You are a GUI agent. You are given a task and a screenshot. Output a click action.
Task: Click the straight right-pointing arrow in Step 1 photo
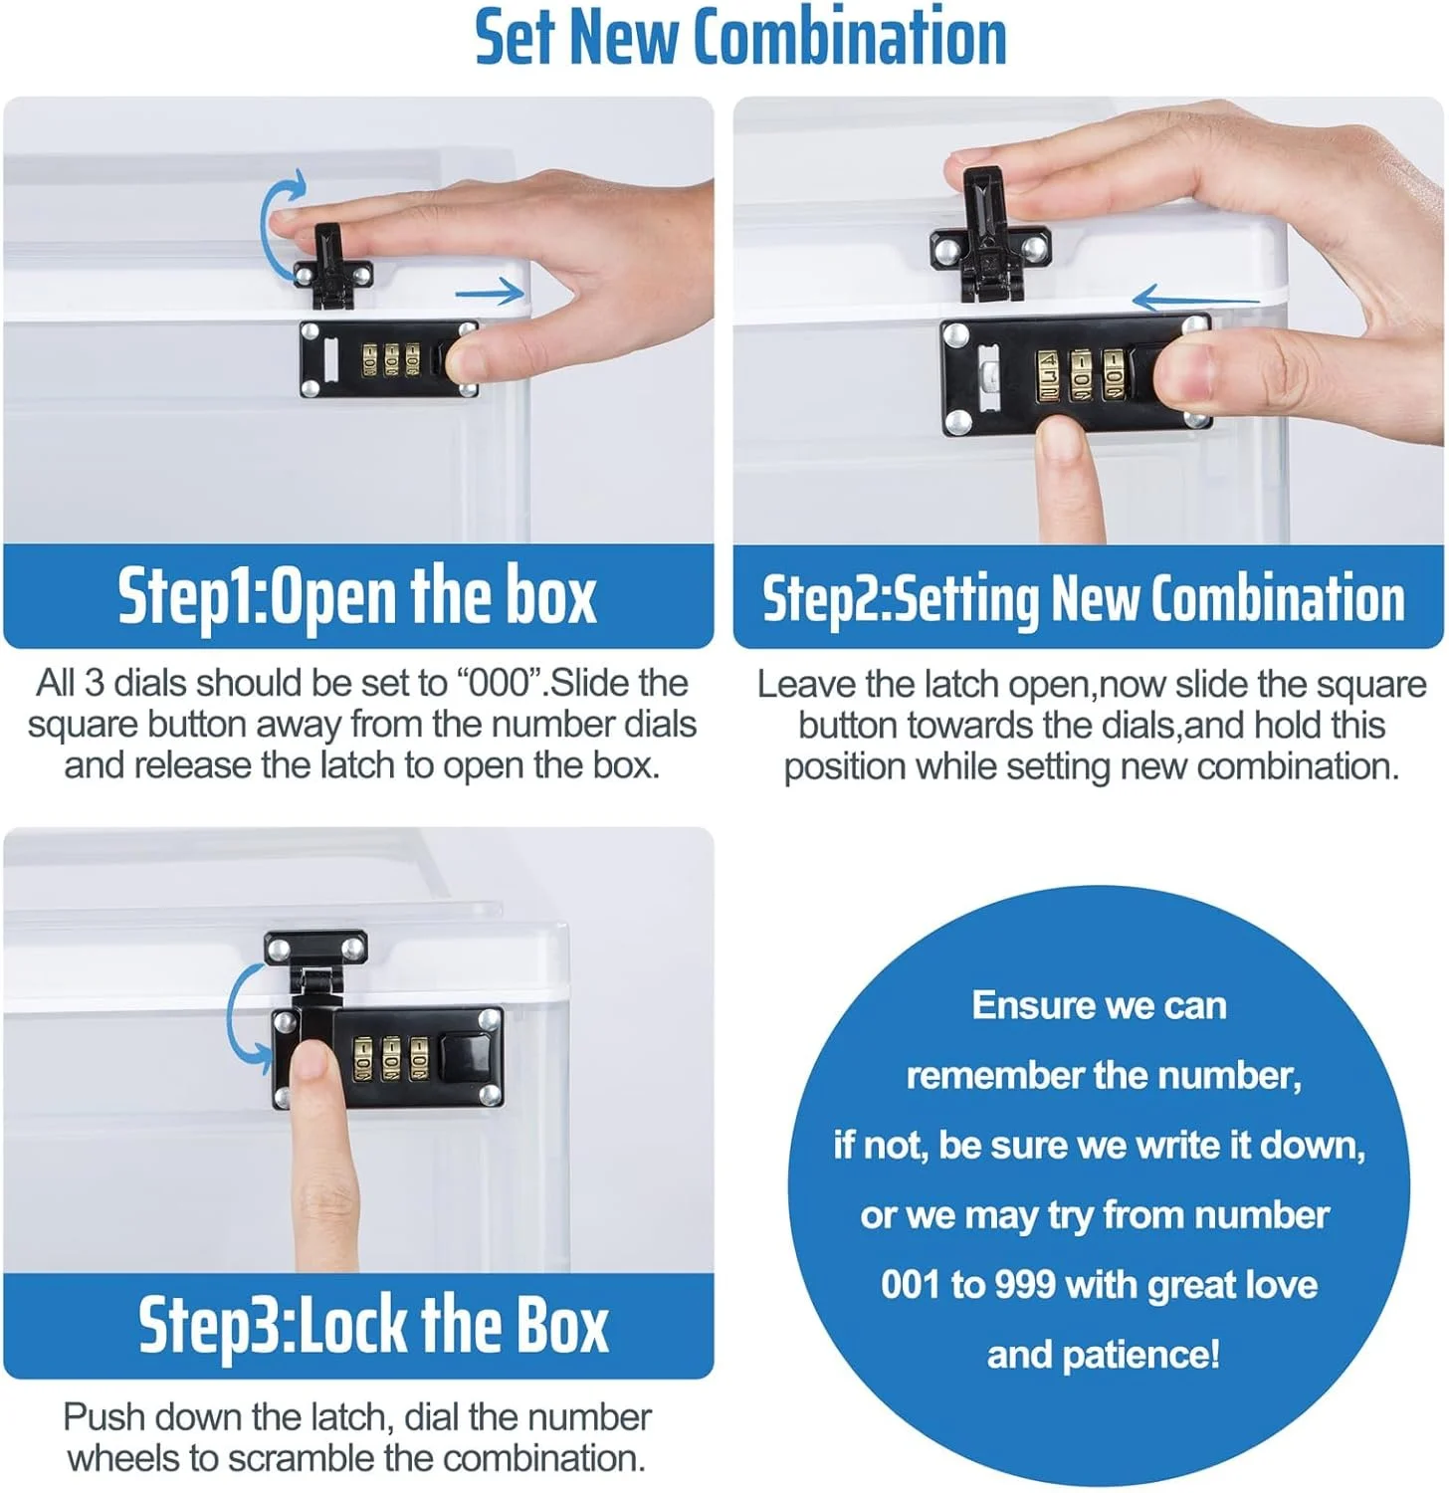coord(489,292)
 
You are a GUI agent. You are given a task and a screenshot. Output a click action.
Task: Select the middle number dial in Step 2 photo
coord(1081,375)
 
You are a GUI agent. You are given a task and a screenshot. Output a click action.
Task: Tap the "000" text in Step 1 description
coord(504,683)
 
